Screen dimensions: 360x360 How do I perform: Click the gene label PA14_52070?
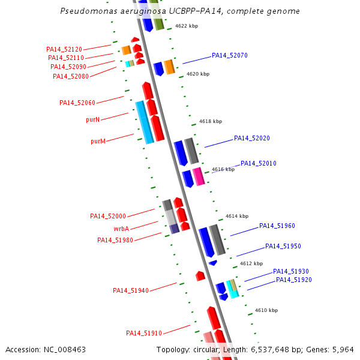[230, 55]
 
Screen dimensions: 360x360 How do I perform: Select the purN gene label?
[93, 119]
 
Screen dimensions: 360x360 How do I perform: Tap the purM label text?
[98, 141]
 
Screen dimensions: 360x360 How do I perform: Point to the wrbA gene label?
[121, 229]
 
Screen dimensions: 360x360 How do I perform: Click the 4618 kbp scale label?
[211, 121]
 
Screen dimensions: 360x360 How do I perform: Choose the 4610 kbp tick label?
[266, 310]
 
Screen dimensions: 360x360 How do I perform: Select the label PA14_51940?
[131, 290]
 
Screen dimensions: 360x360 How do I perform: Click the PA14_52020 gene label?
[252, 138]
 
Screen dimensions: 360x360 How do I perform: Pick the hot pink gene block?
[199, 176]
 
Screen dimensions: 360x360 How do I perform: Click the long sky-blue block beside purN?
[145, 122]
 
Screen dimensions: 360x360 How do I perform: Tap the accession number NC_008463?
[65, 350]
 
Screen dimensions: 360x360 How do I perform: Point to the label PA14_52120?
[64, 49]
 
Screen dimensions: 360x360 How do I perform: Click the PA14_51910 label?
[144, 333]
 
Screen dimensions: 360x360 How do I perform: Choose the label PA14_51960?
[277, 226]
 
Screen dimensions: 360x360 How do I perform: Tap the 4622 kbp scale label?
[187, 26]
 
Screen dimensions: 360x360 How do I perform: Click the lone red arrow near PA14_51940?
[200, 276]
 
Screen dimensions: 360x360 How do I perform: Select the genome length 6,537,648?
[270, 350]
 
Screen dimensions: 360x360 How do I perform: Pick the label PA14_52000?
[108, 216]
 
